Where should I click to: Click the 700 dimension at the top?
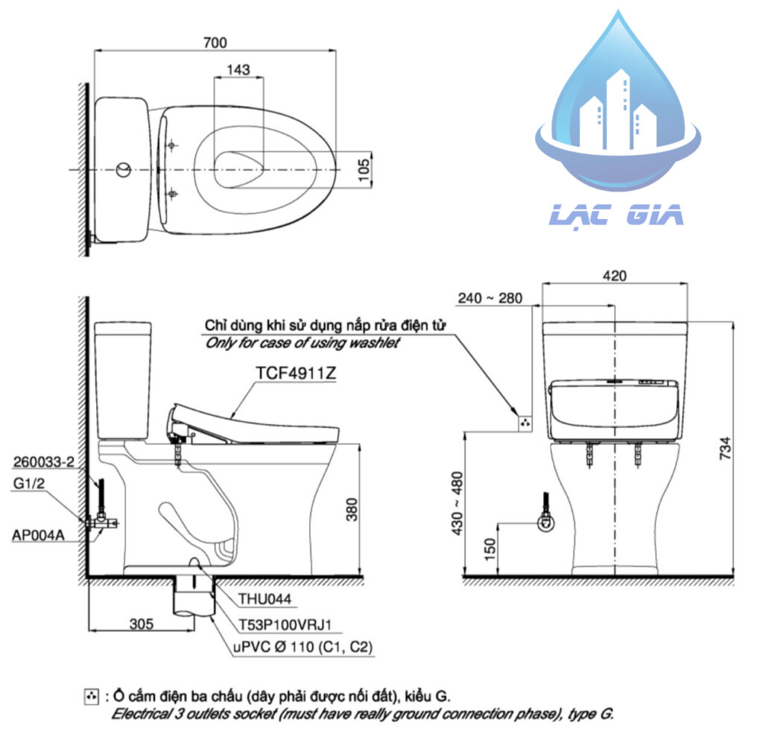coord(214,42)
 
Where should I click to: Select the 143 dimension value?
coord(238,69)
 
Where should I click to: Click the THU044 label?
coord(265,598)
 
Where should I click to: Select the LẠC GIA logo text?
coord(616,215)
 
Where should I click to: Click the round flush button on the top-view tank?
coord(123,170)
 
